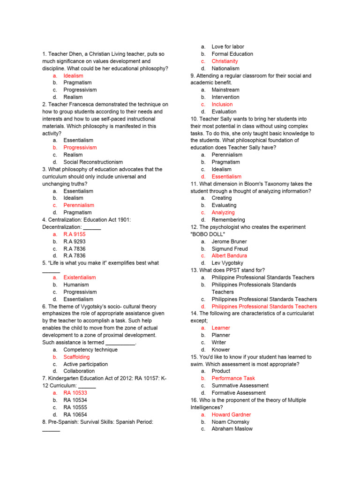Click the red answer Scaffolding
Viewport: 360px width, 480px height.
pyautogui.click(x=76, y=357)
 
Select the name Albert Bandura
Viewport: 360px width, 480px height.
pyautogui.click(x=229, y=255)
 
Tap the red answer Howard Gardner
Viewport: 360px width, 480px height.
pyautogui.click(x=231, y=414)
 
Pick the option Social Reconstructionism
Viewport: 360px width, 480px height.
pyautogui.click(x=93, y=162)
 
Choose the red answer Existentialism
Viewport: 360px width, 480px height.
pyautogui.click(x=80, y=277)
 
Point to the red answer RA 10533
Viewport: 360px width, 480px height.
pyautogui.click(x=75, y=393)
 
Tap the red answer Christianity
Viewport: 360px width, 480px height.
pyautogui.click(x=225, y=61)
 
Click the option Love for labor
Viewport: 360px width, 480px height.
pyautogui.click(x=228, y=47)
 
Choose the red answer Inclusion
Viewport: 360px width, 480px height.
pyautogui.click(x=222, y=104)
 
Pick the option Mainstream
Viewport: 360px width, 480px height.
pyautogui.click(x=225, y=90)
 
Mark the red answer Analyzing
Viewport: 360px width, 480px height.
pyautogui.click(x=223, y=212)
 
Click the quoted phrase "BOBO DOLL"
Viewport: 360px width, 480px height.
pyautogui.click(x=208, y=234)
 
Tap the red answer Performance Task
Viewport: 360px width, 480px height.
pyautogui.click(x=233, y=378)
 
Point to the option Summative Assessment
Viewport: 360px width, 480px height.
pyautogui.click(x=240, y=385)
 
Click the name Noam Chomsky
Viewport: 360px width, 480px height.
pyautogui.click(x=230, y=421)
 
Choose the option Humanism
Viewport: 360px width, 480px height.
pyautogui.click(x=76, y=285)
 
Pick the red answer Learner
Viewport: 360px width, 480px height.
pyautogui.click(x=221, y=328)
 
